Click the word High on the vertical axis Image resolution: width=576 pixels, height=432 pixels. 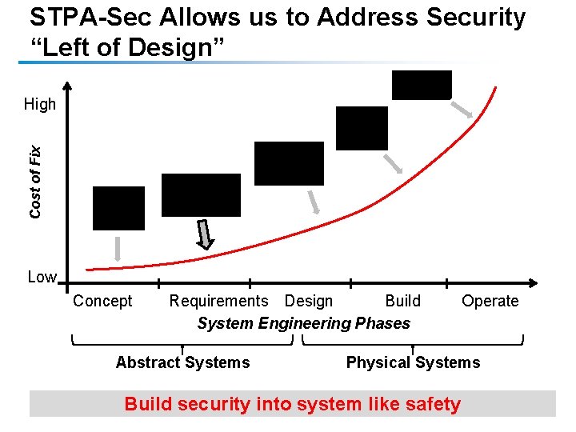coord(40,104)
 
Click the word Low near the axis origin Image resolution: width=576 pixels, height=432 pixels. coord(42,278)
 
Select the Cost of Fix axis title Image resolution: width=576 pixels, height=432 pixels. coord(35,182)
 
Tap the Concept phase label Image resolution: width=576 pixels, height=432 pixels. coord(102,301)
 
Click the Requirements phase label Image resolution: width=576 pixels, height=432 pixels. coord(218,301)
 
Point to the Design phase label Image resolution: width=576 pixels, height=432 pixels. coord(309,301)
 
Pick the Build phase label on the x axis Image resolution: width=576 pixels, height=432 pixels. coord(402,301)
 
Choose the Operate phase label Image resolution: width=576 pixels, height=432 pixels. coord(490,301)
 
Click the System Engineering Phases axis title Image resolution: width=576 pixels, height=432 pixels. coord(303,323)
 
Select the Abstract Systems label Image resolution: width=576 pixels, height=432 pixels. coord(182,362)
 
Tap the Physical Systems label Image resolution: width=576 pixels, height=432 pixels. coord(413,362)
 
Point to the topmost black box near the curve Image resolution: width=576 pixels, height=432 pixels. coord(422,85)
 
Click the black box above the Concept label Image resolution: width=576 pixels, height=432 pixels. coord(118,208)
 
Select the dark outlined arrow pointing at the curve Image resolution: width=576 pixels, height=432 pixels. coord(206,234)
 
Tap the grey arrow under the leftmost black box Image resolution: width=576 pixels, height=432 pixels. coord(118,249)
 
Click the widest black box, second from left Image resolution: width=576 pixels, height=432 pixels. coord(201,195)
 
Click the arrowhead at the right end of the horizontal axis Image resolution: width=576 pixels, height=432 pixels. coord(534,282)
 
